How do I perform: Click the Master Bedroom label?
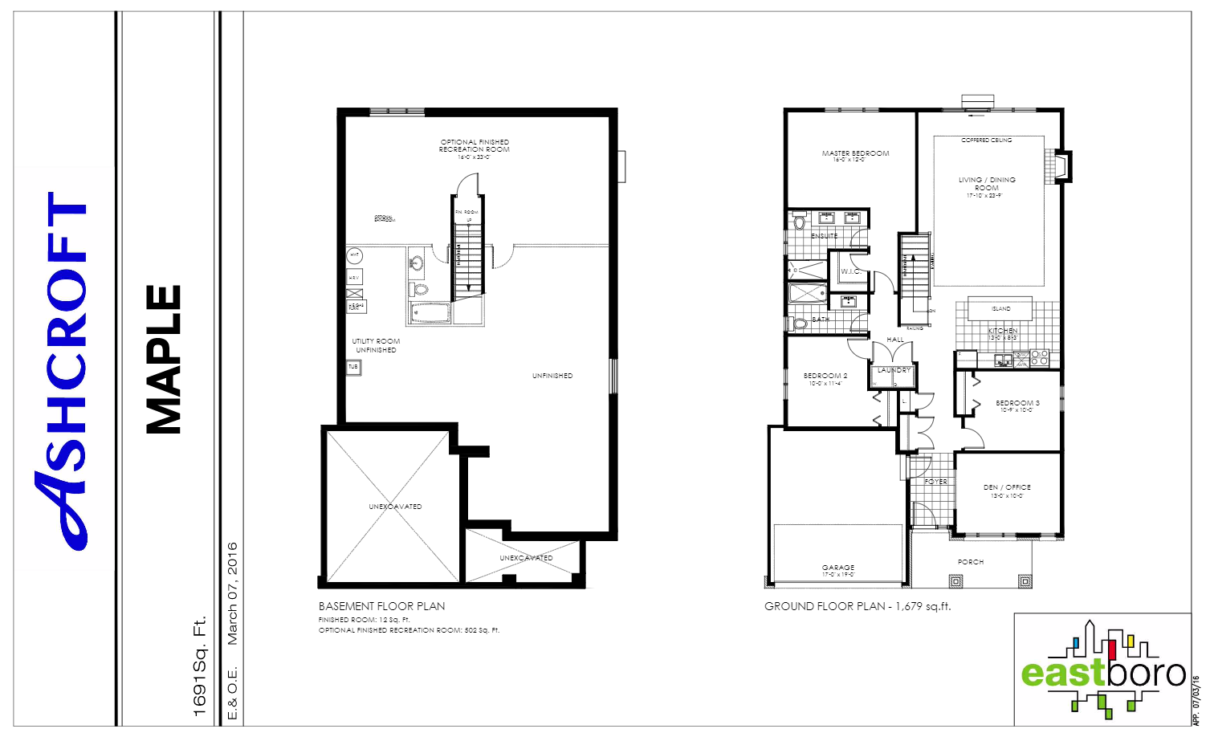[855, 153]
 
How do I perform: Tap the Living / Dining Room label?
[987, 184]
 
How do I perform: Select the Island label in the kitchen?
[1000, 309]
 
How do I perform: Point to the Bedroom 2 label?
[825, 376]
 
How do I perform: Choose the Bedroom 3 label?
[1017, 403]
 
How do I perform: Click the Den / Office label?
[1007, 487]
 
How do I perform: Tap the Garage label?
[838, 568]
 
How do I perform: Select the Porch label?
[971, 562]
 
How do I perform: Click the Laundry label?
[894, 370]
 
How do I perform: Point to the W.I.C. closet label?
[850, 271]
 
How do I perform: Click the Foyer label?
[936, 482]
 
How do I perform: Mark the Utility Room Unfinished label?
[376, 345]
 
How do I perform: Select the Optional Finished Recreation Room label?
[474, 146]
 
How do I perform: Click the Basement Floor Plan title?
[381, 606]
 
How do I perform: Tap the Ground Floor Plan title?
[857, 606]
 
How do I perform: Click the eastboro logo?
[1102, 670]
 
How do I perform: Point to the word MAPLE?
[165, 360]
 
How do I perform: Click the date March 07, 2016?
[232, 593]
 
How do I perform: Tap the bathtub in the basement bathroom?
[430, 312]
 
